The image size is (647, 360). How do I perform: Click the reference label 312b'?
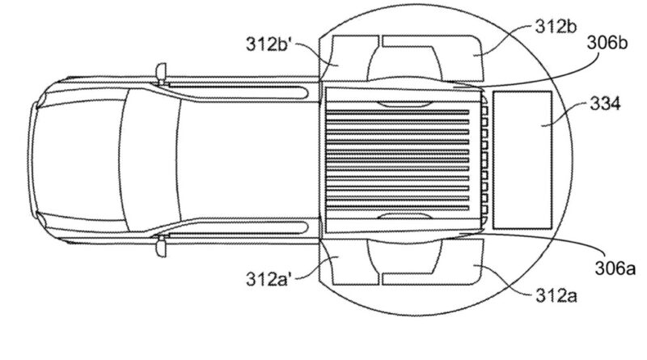269,44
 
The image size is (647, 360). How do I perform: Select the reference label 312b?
556,27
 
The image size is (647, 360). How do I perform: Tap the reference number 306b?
607,43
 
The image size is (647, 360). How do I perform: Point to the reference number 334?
605,104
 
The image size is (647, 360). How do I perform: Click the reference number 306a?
615,269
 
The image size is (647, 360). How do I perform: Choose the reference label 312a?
556,295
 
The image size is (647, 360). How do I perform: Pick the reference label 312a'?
269,279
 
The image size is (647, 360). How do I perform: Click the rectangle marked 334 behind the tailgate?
522,159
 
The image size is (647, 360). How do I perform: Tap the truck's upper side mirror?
161,74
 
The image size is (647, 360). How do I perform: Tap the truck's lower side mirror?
161,246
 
